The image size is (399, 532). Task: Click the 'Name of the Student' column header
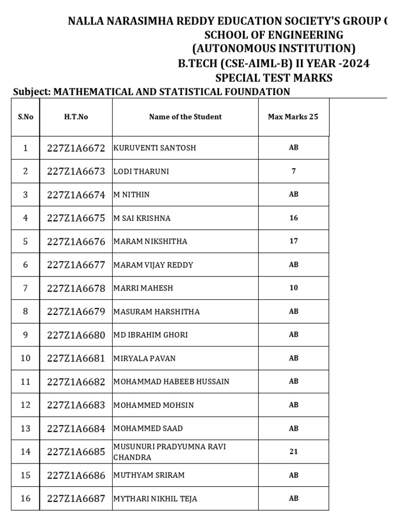[185, 117]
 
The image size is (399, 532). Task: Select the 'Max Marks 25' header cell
[293, 117]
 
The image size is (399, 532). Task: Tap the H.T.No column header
[76, 117]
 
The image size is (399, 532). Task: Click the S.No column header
[25, 117]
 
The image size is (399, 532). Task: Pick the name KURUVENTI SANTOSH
[155, 148]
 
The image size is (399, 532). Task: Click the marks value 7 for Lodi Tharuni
[294, 171]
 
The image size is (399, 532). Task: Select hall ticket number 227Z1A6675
[76, 218]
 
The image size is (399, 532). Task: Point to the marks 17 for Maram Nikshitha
[294, 241]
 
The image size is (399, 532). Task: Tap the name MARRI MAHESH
[143, 288]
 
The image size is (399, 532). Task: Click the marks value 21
[294, 451]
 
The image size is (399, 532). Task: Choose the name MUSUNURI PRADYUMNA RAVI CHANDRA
[169, 452]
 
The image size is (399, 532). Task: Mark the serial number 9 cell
[25, 335]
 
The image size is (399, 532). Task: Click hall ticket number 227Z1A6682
[76, 382]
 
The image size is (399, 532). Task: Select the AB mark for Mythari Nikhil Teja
[294, 498]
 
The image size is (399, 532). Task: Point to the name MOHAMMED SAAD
[148, 429]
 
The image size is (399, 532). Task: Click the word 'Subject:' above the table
[31, 92]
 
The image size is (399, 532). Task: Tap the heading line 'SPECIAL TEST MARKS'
[274, 78]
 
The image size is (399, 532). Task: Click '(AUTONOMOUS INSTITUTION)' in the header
[274, 49]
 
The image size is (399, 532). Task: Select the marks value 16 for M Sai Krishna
[294, 218]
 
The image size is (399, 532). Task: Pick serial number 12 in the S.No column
[25, 405]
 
